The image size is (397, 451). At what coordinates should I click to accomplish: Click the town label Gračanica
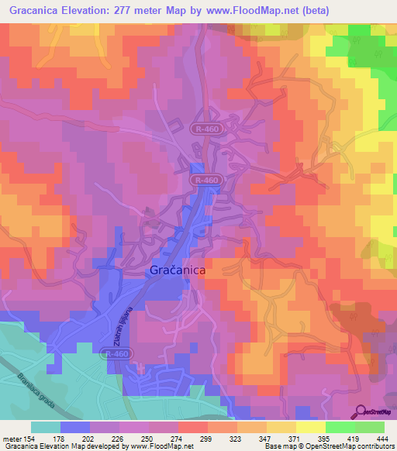click(175, 272)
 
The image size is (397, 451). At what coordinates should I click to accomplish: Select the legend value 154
click(31, 439)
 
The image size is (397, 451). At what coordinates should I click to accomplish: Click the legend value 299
click(207, 439)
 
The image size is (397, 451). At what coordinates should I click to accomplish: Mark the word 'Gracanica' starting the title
click(33, 11)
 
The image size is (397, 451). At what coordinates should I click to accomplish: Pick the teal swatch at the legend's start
click(46, 427)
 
